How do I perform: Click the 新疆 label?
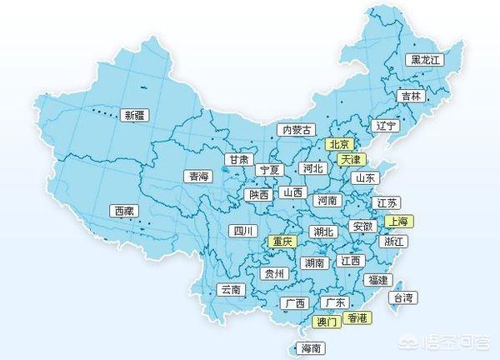click(x=134, y=115)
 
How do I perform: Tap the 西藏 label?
click(x=124, y=212)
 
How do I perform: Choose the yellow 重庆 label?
click(x=281, y=242)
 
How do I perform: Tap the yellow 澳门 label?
click(x=326, y=321)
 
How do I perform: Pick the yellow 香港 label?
click(x=358, y=317)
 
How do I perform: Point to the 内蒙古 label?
click(x=297, y=130)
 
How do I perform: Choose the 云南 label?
click(x=230, y=290)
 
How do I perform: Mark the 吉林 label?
click(x=410, y=96)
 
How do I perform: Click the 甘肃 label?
click(x=237, y=159)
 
